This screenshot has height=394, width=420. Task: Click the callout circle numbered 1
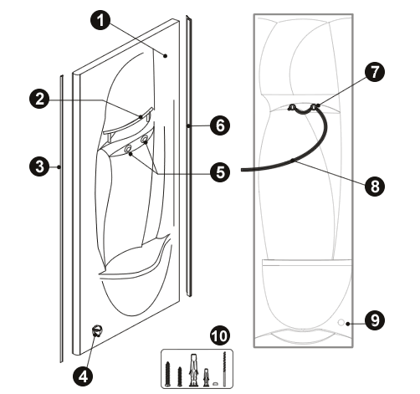100,20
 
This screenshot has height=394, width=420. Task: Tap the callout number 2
39,99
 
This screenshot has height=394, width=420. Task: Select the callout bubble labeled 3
39,166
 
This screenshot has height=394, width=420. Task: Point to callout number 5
220,172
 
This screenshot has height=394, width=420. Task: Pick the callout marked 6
220,125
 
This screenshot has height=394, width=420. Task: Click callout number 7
375,72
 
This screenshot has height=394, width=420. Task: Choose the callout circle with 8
375,186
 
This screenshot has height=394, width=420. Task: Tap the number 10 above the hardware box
220,335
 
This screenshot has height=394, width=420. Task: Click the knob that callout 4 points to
97,330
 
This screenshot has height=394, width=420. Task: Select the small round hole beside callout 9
341,323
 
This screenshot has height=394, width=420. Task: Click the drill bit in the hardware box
224,369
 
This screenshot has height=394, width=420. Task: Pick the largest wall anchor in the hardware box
193,370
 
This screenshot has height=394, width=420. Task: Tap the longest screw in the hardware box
167,374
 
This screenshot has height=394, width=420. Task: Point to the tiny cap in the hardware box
215,384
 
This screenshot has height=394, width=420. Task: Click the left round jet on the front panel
128,150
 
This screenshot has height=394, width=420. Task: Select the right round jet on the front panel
145,139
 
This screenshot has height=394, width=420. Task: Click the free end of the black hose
242,170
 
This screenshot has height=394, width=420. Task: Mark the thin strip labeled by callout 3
62,219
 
